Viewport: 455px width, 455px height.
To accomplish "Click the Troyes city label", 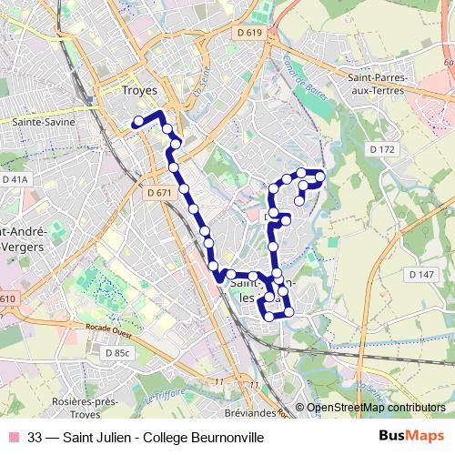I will click(x=139, y=91).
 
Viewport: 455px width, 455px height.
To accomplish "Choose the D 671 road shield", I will click(x=158, y=193).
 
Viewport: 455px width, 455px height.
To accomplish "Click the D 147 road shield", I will click(x=422, y=274).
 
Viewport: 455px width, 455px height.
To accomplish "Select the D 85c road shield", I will click(x=117, y=352).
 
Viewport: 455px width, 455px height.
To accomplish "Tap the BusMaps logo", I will click(x=410, y=438).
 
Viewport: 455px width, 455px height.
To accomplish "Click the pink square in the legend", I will click(x=13, y=438).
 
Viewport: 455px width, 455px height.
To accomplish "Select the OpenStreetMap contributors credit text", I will click(x=376, y=408).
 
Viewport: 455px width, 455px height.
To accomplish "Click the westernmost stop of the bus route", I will click(x=137, y=121).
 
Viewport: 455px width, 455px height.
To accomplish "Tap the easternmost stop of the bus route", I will click(x=320, y=175).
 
